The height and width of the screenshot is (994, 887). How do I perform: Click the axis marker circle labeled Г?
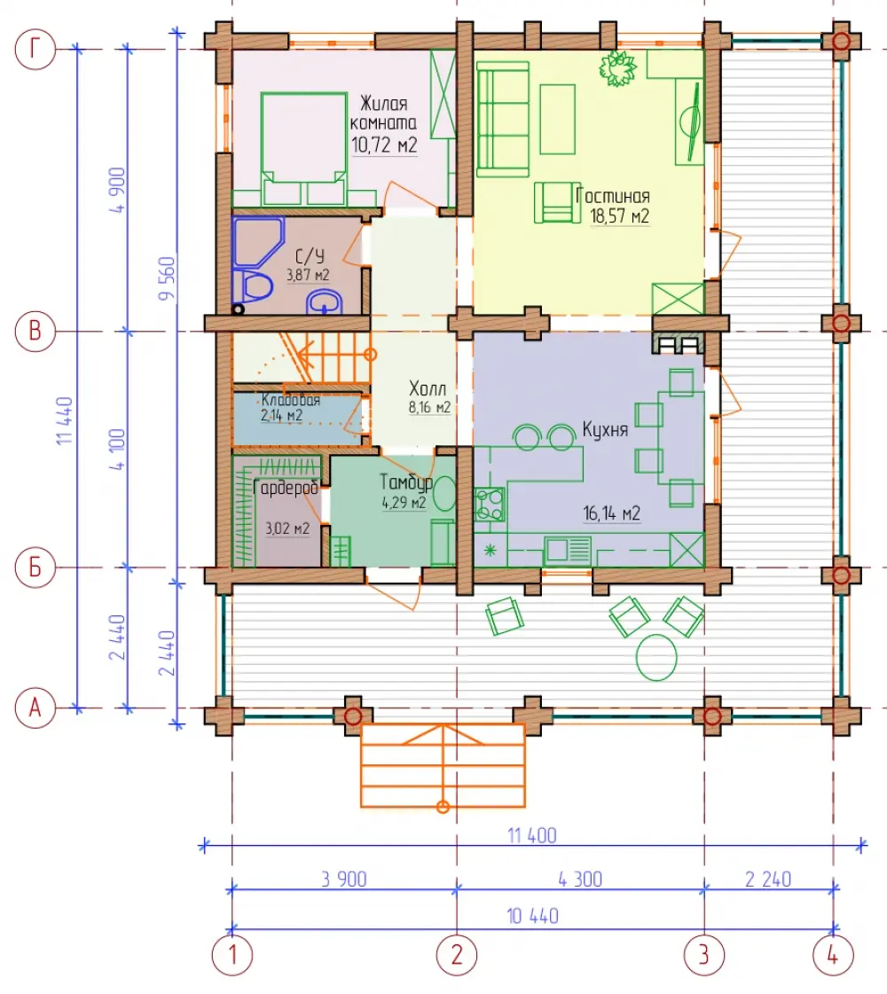[35, 49]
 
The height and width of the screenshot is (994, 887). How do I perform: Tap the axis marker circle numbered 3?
[703, 955]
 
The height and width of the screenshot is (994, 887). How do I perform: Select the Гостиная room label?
[612, 196]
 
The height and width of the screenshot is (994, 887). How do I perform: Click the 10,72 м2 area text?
[384, 145]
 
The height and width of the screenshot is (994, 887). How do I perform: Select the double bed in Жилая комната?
[304, 149]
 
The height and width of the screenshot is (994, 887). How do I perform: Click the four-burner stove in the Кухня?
[490, 504]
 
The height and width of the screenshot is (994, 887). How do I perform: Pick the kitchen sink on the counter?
[568, 550]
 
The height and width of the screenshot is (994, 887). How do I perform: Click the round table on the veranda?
[656, 657]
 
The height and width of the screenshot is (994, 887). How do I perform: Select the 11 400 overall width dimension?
[532, 835]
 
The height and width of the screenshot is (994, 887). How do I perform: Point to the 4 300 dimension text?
[580, 880]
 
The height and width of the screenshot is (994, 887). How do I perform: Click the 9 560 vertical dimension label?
[167, 278]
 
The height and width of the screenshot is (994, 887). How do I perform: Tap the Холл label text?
[428, 388]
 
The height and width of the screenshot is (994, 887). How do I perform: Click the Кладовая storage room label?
[290, 400]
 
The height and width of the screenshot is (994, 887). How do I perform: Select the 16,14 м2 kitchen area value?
[612, 513]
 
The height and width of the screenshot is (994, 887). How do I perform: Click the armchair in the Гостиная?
[556, 203]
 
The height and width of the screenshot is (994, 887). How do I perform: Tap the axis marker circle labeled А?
[35, 708]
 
